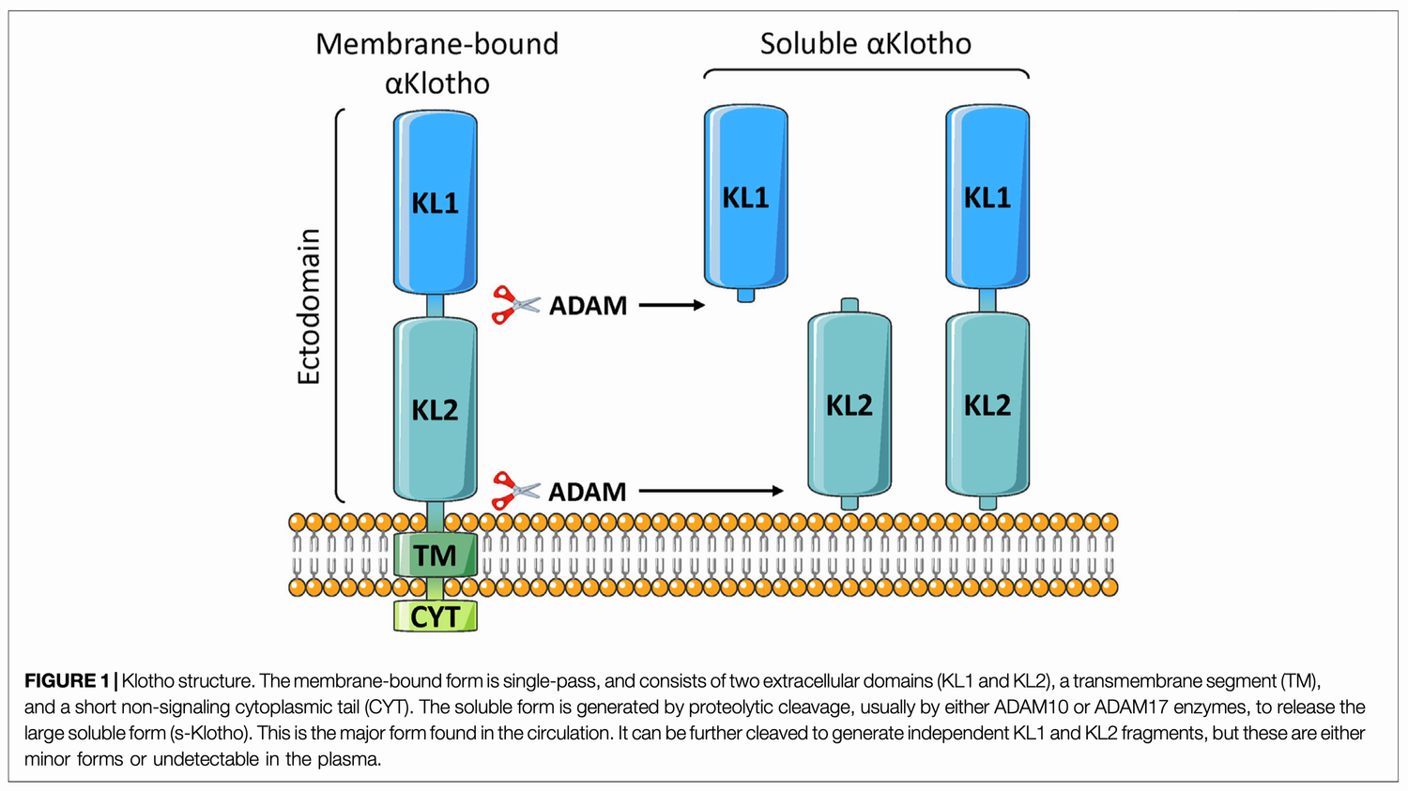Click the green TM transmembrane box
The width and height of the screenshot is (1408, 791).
[435, 555]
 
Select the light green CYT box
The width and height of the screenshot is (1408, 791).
[435, 616]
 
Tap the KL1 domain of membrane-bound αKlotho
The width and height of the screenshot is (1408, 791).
[435, 202]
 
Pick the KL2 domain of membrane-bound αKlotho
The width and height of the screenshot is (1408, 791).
[435, 409]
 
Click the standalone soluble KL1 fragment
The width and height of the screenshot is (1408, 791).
[745, 197]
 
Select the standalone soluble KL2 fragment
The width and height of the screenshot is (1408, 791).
[849, 404]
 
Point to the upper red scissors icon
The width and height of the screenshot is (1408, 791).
[515, 305]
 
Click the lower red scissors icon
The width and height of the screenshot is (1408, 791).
[515, 491]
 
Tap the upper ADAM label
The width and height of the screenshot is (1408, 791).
[588, 306]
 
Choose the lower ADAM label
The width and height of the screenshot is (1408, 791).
[588, 492]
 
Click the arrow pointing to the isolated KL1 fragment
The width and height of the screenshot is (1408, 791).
[671, 305]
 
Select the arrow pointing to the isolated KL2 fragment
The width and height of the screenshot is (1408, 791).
[711, 491]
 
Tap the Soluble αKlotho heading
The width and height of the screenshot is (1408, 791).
[865, 44]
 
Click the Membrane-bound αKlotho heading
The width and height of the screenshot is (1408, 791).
[436, 63]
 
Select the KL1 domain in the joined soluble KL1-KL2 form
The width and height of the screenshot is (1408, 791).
[987, 197]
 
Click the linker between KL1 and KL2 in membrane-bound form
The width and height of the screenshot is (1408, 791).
[435, 306]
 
